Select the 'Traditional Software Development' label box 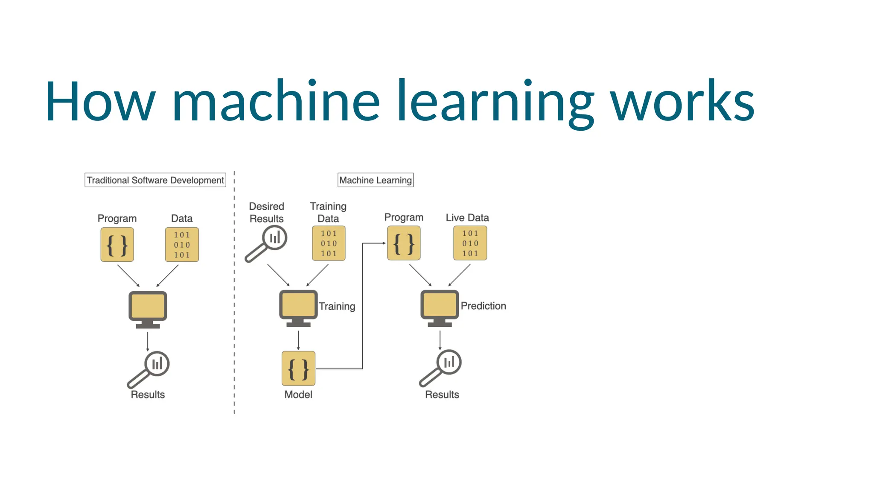[x=155, y=180]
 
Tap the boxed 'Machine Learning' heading [x=376, y=180]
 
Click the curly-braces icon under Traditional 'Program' [x=117, y=245]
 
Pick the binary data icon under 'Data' [x=182, y=245]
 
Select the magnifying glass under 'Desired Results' [x=267, y=243]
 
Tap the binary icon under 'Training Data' [x=329, y=243]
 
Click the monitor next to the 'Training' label [x=298, y=308]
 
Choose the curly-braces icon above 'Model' [x=298, y=369]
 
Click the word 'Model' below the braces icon [x=298, y=395]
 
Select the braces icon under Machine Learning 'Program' [x=404, y=243]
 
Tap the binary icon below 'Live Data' [x=470, y=243]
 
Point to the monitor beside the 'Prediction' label [x=440, y=308]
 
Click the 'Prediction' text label [x=484, y=306]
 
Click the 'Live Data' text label [x=467, y=218]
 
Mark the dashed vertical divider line [x=234, y=299]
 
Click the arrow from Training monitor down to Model [x=298, y=340]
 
